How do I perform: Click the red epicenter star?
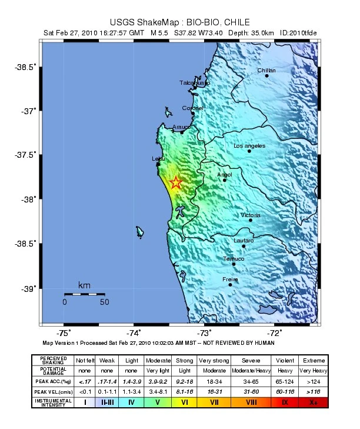pos(176,183)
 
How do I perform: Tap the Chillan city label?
pos(266,71)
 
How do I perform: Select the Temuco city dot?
pos(234,264)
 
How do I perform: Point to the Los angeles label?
pos(249,145)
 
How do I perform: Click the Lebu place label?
pos(158,159)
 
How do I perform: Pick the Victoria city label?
pos(251,215)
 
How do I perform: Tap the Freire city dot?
pos(230,284)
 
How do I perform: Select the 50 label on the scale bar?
pos(105,302)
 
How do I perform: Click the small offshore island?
pos(140,232)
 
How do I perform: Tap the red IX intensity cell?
pos(284,403)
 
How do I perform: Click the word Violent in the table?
pos(284,360)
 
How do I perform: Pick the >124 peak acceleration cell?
pos(313,382)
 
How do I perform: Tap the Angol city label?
pos(225,174)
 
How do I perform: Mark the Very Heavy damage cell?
pos(313,371)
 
